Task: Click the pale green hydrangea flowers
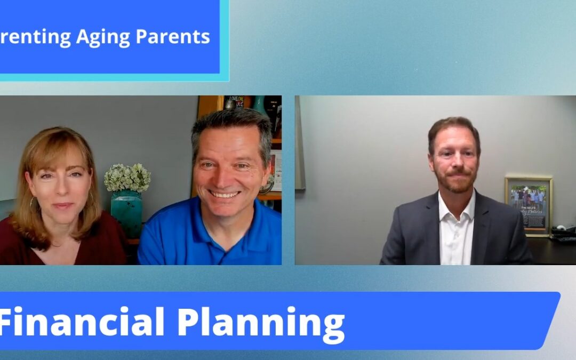127,177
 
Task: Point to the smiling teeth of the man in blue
225,195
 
